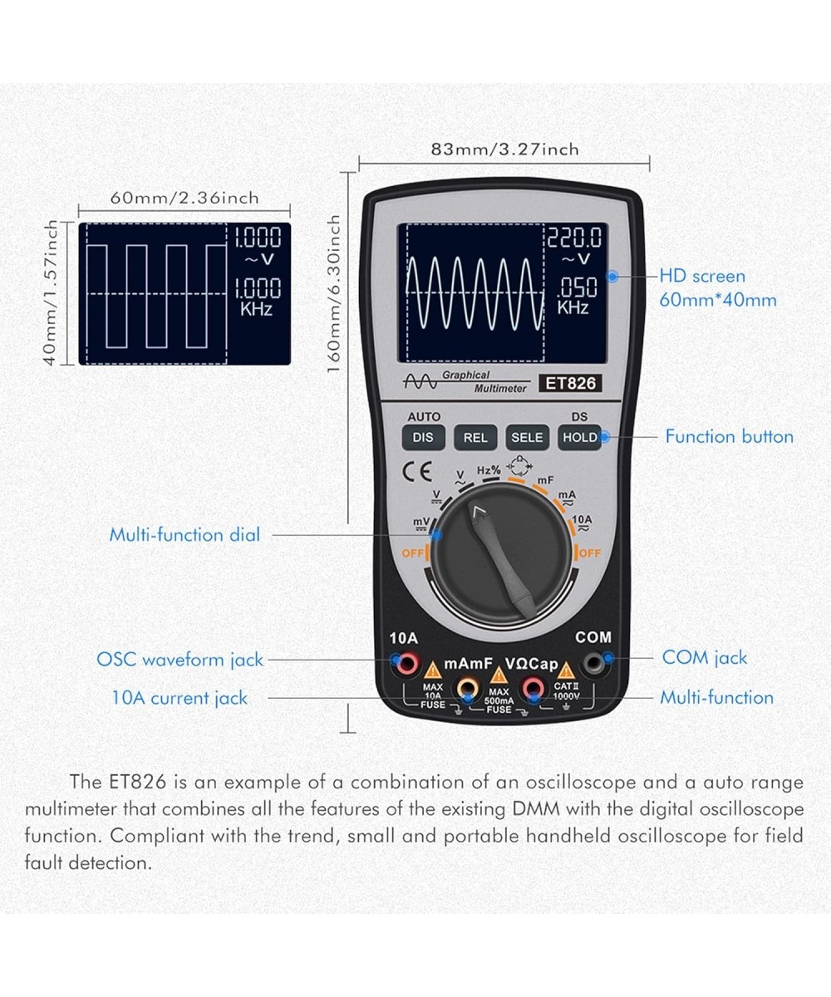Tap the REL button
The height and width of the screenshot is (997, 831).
[x=475, y=437]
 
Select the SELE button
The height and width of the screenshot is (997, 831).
[x=527, y=437]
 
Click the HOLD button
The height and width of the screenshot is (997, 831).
[x=579, y=437]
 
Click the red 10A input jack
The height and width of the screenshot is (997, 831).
[x=407, y=663]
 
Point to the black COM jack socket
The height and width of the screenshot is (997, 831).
[x=593, y=663]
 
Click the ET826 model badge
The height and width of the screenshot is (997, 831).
[x=571, y=383]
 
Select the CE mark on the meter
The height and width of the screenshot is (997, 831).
[x=416, y=471]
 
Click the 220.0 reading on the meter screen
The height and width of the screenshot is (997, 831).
[x=574, y=239]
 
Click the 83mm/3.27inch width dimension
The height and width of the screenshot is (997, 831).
[x=504, y=150]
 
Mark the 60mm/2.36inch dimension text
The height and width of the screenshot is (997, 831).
[x=184, y=198]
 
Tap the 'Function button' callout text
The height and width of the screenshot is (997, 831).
[x=729, y=436]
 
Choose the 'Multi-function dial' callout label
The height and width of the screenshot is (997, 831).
[x=184, y=534]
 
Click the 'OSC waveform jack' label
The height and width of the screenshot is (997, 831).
[x=179, y=660]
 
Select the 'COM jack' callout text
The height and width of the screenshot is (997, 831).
[x=705, y=657]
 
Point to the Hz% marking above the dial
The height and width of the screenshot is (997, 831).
[x=489, y=470]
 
